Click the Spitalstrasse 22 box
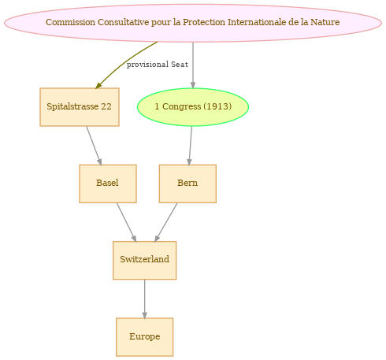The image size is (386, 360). [80, 107]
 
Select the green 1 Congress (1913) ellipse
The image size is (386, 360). [193, 107]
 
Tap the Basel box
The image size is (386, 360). [108, 184]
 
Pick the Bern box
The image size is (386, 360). [187, 184]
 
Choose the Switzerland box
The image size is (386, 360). [144, 260]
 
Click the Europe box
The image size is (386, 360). [144, 337]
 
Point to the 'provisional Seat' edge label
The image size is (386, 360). [158, 65]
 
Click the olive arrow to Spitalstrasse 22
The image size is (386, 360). [124, 63]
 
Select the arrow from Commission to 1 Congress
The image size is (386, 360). [193, 65]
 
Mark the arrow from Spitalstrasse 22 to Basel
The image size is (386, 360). [94, 146]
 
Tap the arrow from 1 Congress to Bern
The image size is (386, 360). [191, 146]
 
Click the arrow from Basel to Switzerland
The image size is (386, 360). [127, 222]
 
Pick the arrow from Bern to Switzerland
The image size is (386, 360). [166, 222]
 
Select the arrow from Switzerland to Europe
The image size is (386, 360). [144, 299]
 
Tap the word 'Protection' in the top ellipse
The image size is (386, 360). [204, 22]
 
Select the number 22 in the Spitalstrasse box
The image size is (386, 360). [106, 106]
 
